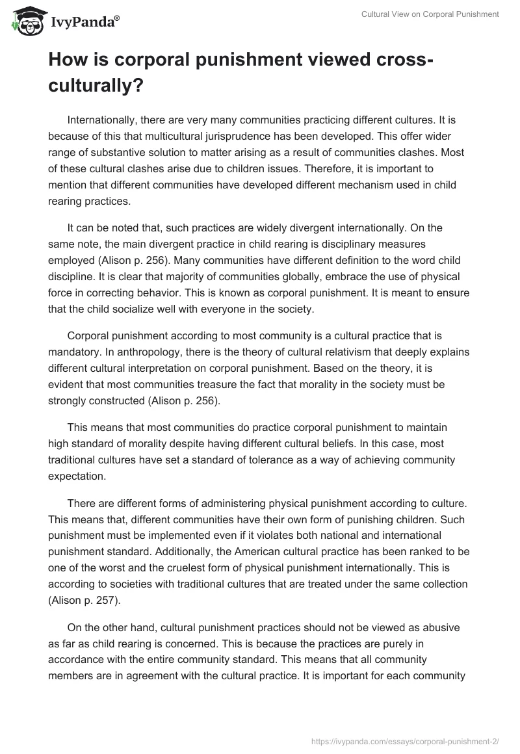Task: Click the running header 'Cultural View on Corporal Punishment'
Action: click(x=430, y=15)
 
